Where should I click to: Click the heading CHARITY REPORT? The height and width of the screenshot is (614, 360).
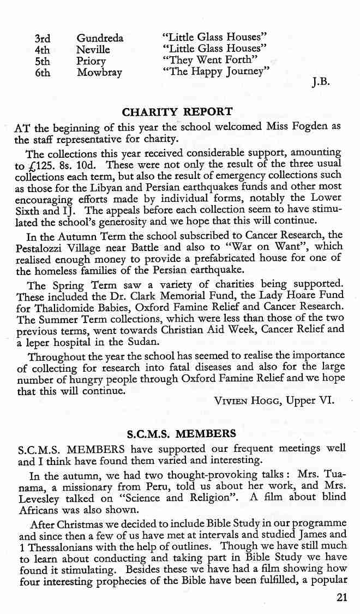click(x=177, y=112)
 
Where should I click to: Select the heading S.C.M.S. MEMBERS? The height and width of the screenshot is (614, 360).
click(x=182, y=434)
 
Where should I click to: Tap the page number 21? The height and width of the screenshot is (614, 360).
click(x=342, y=597)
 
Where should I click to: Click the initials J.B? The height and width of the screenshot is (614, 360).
click(x=321, y=83)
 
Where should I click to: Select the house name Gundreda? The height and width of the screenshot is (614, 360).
click(x=100, y=38)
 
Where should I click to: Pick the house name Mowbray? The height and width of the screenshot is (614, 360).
click(x=99, y=73)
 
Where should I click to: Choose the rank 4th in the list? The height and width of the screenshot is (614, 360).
click(x=42, y=50)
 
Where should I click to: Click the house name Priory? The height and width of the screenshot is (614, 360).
click(x=91, y=61)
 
